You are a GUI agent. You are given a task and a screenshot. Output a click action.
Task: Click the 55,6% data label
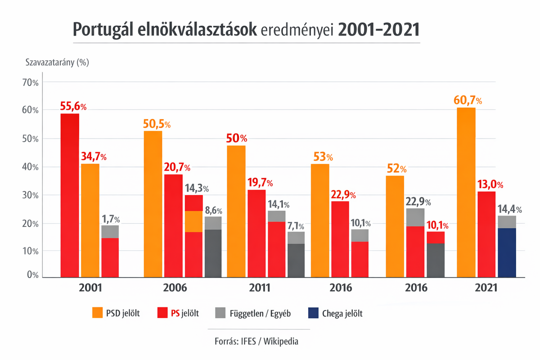point(73,107)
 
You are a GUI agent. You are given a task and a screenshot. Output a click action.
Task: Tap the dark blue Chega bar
point(507,253)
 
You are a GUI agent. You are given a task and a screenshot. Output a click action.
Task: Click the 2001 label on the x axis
point(90,288)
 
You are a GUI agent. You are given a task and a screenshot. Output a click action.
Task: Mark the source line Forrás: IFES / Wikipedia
point(256,341)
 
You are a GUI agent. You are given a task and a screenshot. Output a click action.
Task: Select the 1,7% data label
point(111,220)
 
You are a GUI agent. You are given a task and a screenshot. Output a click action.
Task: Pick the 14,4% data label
point(509,209)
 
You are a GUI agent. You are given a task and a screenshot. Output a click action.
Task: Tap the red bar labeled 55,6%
point(70,195)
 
